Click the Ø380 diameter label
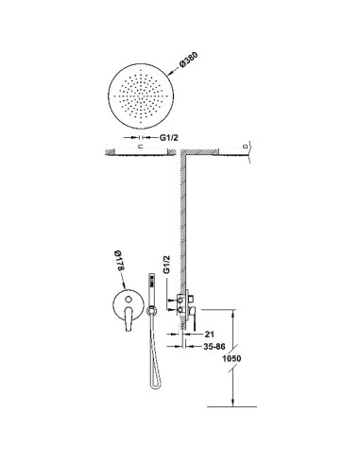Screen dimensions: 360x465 pos(189,60)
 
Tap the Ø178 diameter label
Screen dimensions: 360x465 pos(119,260)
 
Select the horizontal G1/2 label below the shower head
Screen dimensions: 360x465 pos(169,137)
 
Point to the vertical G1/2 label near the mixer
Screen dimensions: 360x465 pos(166,265)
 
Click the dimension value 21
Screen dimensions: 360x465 pos(209,334)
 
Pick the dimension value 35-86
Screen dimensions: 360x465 pos(214,347)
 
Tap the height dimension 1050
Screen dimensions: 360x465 pos(231,358)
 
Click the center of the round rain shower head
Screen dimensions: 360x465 pos(141,95)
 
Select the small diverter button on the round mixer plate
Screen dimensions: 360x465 pos(129,300)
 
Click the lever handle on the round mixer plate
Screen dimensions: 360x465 pos(129,319)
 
